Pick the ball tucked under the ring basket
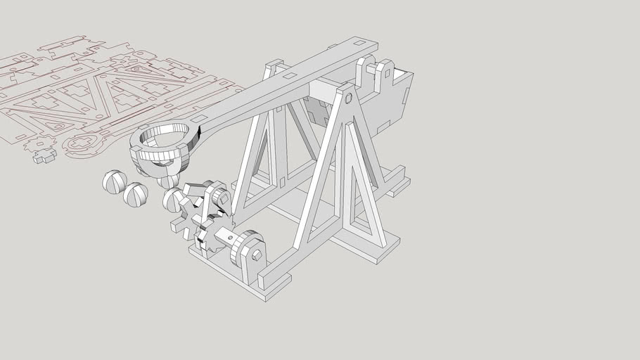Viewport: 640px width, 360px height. [169, 181]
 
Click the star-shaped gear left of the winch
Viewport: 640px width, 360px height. [184, 215]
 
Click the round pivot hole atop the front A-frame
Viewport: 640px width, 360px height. [349, 97]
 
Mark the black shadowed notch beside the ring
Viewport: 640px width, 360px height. [199, 129]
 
